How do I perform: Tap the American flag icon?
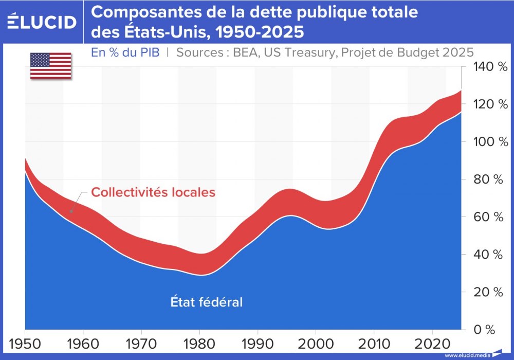(50, 66)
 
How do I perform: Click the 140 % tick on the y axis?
(486, 67)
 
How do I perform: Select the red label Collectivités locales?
(153, 192)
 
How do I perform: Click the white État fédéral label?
(207, 302)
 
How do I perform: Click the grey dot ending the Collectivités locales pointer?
(71, 211)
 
